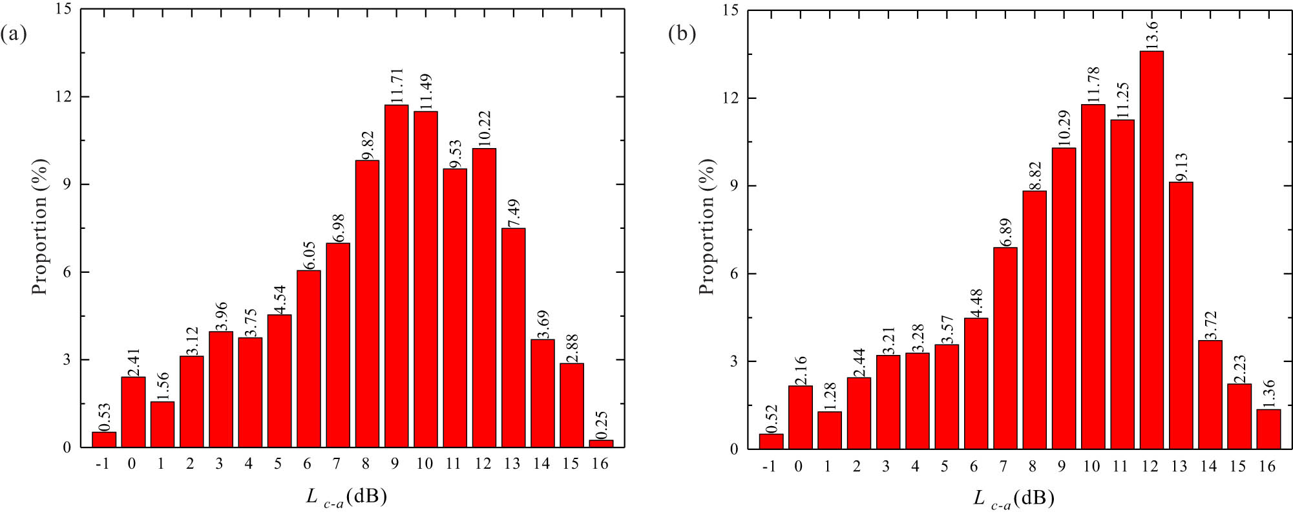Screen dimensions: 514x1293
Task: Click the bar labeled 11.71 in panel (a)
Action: tap(396, 277)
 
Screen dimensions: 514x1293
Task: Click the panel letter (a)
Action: tap(14, 34)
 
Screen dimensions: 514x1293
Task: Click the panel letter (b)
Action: tap(682, 34)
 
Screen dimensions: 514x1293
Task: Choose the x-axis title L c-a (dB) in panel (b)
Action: tap(1014, 498)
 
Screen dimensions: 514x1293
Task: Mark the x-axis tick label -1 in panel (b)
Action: tap(769, 466)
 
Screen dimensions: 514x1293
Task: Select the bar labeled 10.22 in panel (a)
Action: tap(484, 297)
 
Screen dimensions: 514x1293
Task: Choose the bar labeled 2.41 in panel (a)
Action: tap(133, 412)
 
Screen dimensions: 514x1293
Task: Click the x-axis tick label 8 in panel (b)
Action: tap(1034, 466)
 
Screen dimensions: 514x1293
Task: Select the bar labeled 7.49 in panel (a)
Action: tap(513, 337)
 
